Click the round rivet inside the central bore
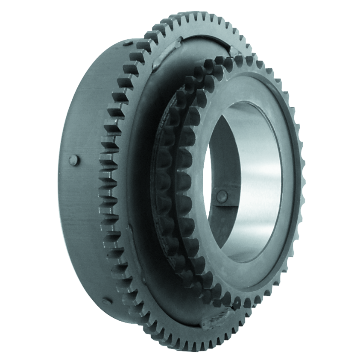pyautogui.click(x=221, y=196)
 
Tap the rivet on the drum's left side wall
pyautogui.click(x=73, y=160)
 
